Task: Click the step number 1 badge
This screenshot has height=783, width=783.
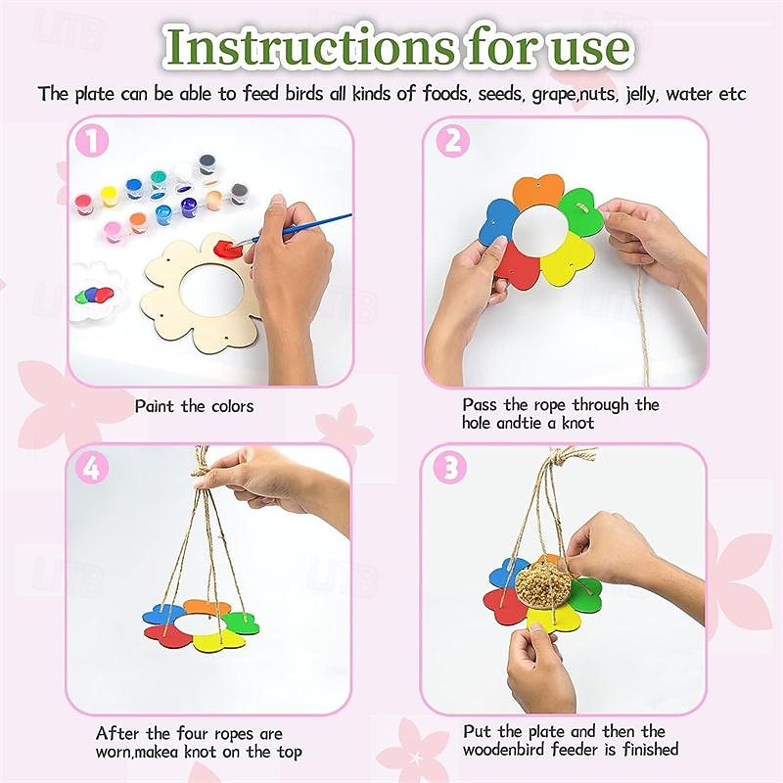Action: pyautogui.click(x=91, y=141)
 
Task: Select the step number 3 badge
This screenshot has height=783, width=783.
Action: pyautogui.click(x=450, y=468)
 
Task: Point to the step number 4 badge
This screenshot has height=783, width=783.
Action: pyautogui.click(x=91, y=468)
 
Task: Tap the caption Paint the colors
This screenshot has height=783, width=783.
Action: pyautogui.click(x=194, y=405)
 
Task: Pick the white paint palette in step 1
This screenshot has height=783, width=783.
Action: pyautogui.click(x=99, y=288)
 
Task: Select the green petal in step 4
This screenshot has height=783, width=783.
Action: pyautogui.click(x=240, y=622)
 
